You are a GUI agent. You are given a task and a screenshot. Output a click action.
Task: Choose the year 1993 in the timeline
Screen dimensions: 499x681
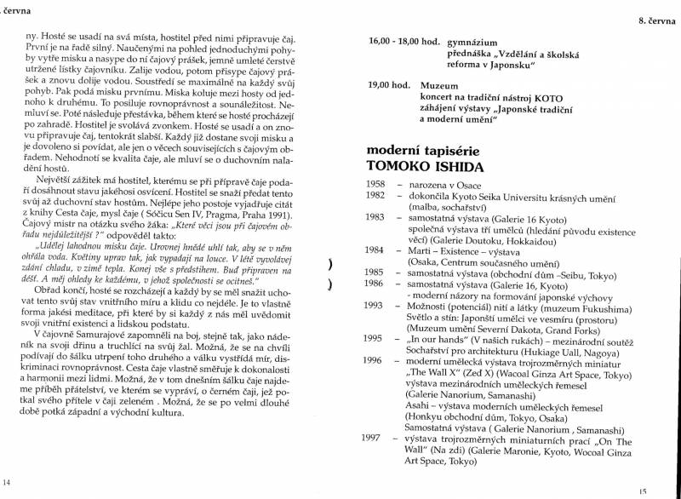[x=375, y=304]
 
